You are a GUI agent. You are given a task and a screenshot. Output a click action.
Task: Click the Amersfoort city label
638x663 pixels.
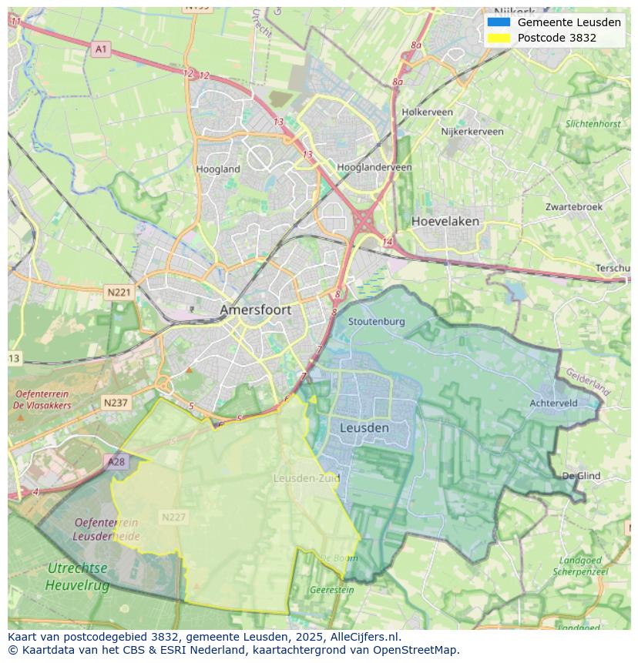point(255,310)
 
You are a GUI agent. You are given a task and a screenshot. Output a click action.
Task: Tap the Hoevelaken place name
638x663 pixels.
point(445,221)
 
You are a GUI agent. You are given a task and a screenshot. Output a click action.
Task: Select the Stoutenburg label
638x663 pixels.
point(376,321)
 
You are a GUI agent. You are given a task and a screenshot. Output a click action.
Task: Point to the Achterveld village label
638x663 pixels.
point(553,403)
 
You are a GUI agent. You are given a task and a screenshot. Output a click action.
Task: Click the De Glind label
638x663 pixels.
point(581,476)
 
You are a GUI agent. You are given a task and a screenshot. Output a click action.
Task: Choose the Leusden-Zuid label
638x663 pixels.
point(306,478)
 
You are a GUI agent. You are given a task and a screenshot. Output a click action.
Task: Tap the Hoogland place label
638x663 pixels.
point(218,169)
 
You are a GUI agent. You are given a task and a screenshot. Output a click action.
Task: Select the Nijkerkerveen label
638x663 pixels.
point(472,132)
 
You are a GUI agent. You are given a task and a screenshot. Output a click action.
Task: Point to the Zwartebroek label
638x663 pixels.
point(573,207)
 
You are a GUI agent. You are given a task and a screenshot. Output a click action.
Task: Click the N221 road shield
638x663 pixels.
point(119,293)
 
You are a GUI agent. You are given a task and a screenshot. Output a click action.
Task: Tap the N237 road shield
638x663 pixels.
point(116,403)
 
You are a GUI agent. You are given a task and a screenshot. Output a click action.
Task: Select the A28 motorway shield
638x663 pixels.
point(116,462)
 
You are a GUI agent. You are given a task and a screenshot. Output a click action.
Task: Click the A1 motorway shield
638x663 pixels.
point(101,49)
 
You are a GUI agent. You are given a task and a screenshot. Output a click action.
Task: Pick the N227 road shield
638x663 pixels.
point(173,517)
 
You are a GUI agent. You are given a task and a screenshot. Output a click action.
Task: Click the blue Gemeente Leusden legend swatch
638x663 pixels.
point(499,22)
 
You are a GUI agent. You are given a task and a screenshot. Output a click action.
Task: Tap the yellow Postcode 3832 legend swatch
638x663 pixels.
point(499,38)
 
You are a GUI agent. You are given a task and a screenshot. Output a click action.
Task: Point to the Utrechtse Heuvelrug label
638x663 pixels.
point(77,576)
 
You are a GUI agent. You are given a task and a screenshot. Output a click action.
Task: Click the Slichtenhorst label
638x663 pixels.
point(593,124)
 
